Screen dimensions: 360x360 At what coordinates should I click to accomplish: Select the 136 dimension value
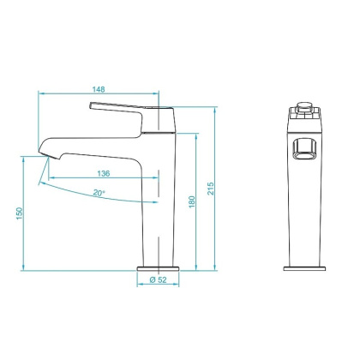pyautogui.click(x=102, y=171)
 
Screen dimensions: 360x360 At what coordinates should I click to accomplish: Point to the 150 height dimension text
pyautogui.click(x=20, y=213)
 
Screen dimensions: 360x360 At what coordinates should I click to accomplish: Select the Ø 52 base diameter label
pyautogui.click(x=158, y=280)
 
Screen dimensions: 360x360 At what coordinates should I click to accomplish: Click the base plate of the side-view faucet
pyautogui.click(x=158, y=267)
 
